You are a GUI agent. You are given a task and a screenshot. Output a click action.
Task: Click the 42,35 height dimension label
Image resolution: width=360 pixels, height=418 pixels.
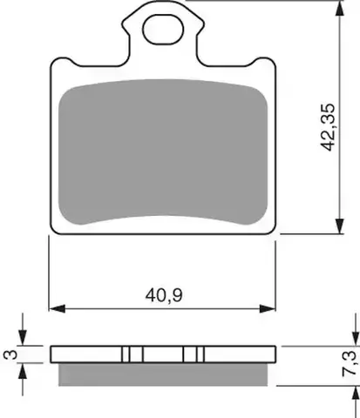(328, 127)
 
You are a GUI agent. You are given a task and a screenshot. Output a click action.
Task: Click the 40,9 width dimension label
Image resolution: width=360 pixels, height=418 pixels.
(164, 295)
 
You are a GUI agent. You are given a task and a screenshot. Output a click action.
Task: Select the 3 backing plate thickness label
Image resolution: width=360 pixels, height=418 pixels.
(10, 354)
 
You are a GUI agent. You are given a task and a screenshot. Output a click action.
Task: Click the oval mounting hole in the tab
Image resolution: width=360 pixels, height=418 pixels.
(163, 30)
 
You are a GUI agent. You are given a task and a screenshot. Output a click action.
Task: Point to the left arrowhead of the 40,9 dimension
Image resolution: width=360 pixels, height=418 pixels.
(57, 309)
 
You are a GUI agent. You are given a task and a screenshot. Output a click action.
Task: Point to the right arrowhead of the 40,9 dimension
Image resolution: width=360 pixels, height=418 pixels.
(268, 309)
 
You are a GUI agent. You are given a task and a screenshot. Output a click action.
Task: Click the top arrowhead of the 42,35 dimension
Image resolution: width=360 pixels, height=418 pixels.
(339, 9)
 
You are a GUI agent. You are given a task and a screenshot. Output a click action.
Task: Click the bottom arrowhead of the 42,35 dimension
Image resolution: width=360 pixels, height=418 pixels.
(339, 226)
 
